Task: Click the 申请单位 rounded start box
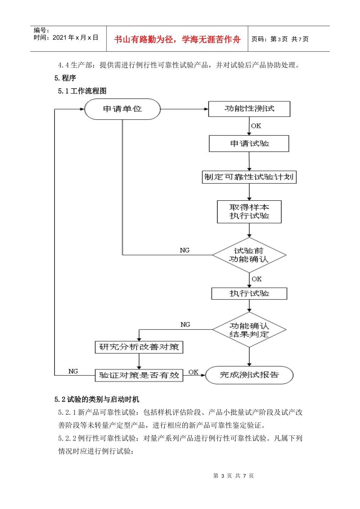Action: click(122, 109)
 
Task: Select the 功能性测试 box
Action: click(249, 109)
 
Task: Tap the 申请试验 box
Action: click(249, 144)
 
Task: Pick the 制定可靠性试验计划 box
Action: click(249, 177)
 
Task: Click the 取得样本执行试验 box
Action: click(249, 212)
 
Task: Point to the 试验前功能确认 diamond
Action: click(249, 255)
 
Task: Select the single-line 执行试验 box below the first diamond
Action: click(249, 294)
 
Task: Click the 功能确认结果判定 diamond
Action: click(249, 330)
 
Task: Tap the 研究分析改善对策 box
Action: click(139, 347)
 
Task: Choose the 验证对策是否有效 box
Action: click(139, 375)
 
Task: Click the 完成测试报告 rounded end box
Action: click(249, 375)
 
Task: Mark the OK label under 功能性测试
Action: click(256, 126)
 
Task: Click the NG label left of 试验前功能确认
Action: click(185, 250)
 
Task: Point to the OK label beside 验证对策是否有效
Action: click(193, 372)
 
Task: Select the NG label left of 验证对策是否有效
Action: click(73, 371)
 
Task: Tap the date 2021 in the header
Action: click(59, 37)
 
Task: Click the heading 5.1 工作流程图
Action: click(82, 91)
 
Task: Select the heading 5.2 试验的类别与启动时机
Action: click(97, 399)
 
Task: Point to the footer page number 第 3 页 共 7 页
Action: click(233, 476)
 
